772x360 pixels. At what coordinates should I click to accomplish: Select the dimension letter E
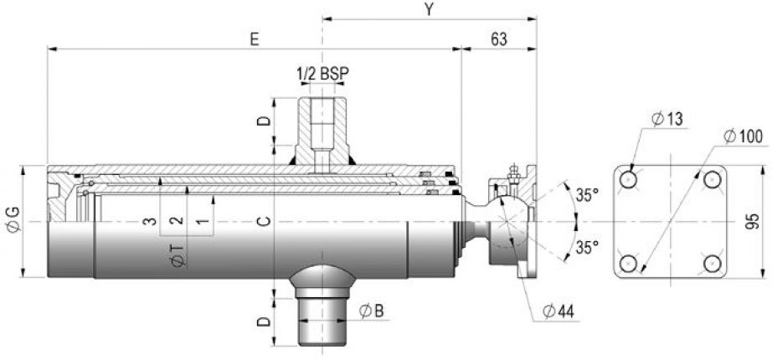[255, 39]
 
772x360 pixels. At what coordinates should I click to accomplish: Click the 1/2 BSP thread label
[322, 75]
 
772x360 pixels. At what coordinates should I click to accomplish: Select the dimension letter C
[263, 222]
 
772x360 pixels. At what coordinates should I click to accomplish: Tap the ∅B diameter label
[372, 312]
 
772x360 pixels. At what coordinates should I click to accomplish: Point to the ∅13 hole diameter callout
[667, 119]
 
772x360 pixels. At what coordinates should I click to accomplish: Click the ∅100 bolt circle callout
[741, 134]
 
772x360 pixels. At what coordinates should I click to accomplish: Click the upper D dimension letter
[263, 121]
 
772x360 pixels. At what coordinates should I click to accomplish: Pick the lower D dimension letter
[263, 321]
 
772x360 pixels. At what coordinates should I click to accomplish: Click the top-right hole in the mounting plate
[712, 180]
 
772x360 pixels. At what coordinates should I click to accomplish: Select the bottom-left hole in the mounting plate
[630, 264]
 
